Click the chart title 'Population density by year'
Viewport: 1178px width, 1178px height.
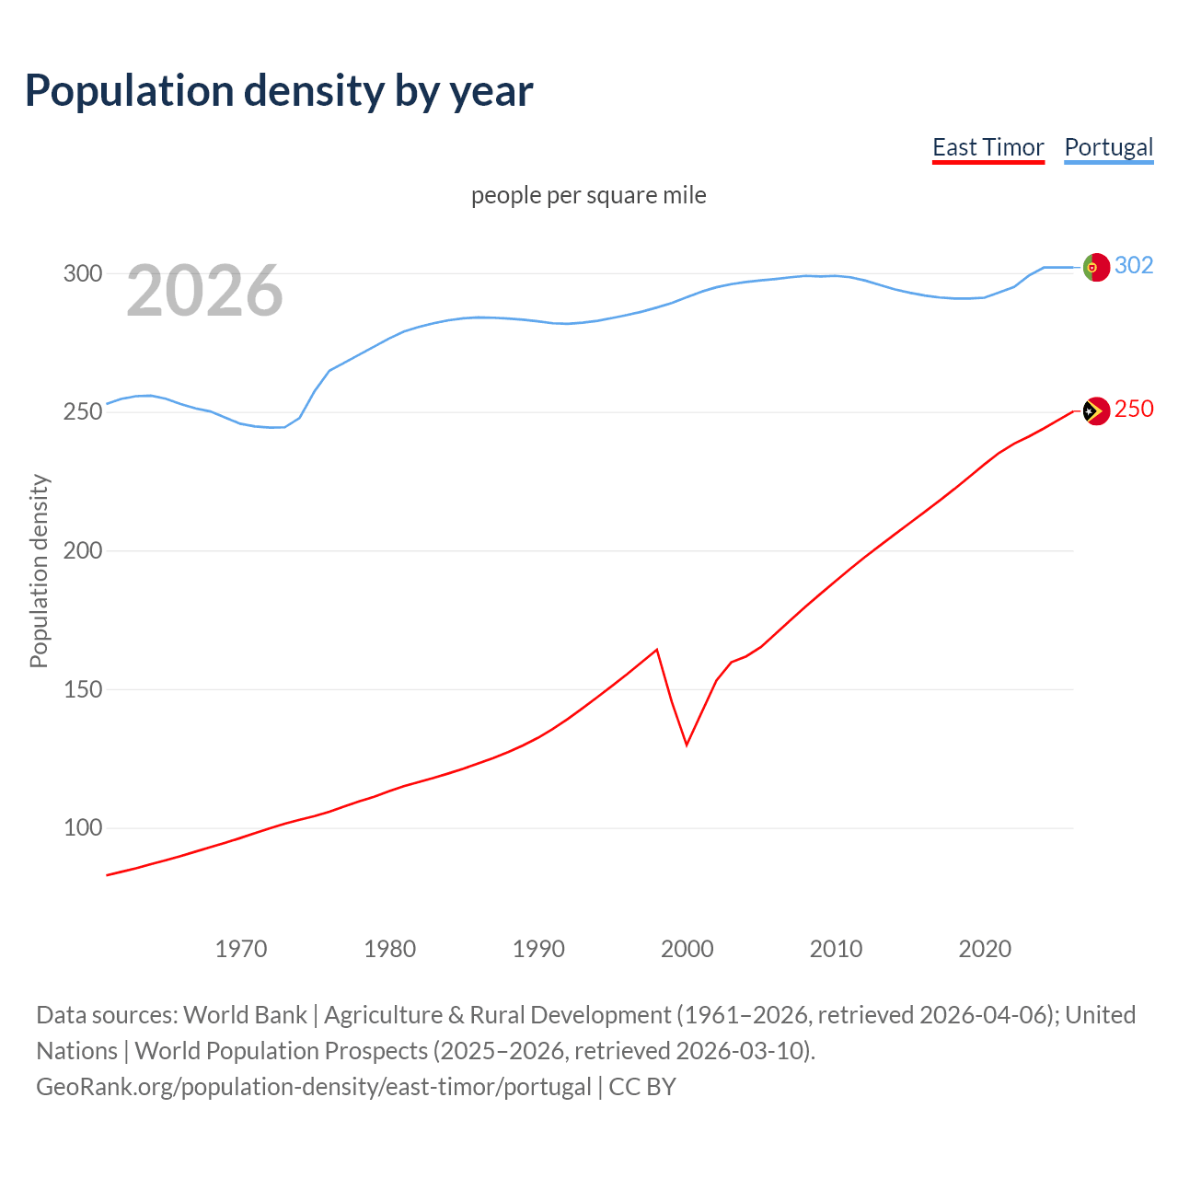pos(279,91)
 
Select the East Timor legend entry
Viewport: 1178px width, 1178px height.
pos(987,147)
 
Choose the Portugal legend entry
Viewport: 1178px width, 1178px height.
pos(1108,147)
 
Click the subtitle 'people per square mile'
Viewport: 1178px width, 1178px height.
pos(589,195)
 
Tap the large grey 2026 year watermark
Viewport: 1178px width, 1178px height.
pos(204,291)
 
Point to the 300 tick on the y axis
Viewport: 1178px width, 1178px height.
pos(82,273)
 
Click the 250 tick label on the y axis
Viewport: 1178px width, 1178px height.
pos(82,411)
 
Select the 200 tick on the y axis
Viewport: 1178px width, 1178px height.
pos(82,550)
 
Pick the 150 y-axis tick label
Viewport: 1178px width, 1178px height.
pos(82,689)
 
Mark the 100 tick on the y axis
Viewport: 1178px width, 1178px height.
pos(82,827)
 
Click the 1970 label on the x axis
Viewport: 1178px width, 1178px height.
pos(241,949)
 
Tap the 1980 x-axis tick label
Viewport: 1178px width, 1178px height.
pos(390,949)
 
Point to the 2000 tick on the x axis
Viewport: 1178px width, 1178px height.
pos(687,949)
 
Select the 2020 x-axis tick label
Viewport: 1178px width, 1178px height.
pos(985,949)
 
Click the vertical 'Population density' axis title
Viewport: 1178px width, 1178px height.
pos(39,571)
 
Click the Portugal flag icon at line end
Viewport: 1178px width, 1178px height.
pos(1096,267)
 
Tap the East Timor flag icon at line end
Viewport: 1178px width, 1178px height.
pos(1096,410)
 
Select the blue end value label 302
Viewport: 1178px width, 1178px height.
pos(1134,265)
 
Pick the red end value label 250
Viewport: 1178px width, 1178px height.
pos(1134,409)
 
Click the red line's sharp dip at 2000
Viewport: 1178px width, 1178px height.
pos(687,744)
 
